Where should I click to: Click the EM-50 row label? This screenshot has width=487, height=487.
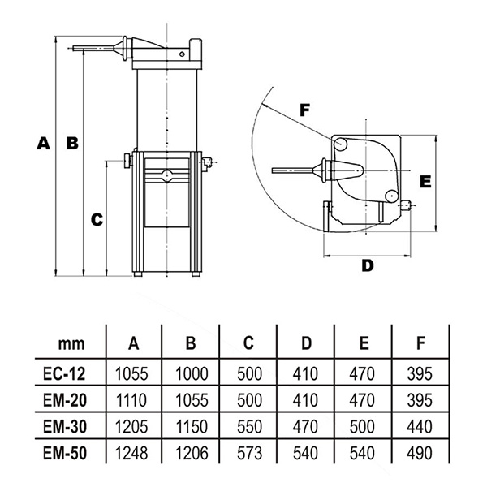[x=65, y=453]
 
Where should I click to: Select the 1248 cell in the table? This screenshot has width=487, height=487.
[x=131, y=453]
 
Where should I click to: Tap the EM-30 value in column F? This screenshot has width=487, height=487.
[x=420, y=426]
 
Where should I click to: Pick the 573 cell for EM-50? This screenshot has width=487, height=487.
[x=249, y=453]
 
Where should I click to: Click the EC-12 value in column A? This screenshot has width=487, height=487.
[x=131, y=373]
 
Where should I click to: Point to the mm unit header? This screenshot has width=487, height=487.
[x=71, y=344]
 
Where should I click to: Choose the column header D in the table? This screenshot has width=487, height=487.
[x=306, y=343]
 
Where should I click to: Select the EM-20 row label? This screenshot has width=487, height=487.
[x=65, y=400]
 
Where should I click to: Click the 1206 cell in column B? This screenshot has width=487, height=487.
[x=192, y=453]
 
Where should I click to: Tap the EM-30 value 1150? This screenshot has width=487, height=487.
[x=192, y=426]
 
